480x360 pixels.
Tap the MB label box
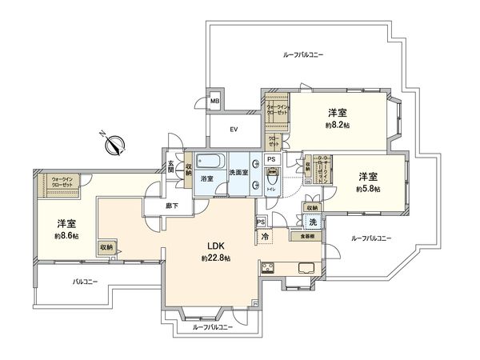point(214,102)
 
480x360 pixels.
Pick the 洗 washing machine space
point(313,223)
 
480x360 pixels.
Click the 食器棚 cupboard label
point(307,237)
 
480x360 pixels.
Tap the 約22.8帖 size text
point(216,259)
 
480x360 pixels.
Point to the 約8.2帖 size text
point(337,126)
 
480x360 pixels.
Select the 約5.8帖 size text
point(368,188)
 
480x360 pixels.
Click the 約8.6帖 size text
point(66,236)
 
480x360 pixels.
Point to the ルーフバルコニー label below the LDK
point(212,327)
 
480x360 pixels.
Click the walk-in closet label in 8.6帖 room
point(61,182)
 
